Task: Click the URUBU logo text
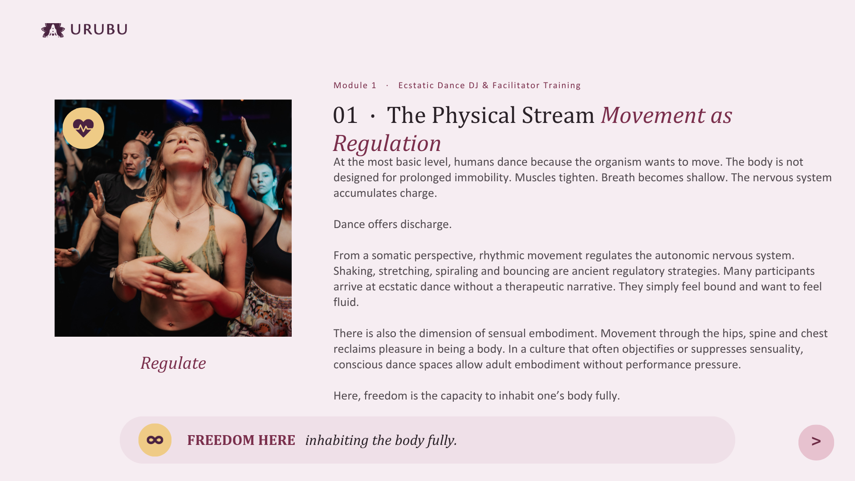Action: pyautogui.click(x=99, y=29)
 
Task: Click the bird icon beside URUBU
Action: pyautogui.click(x=53, y=30)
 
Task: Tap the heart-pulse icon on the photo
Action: pyautogui.click(x=83, y=128)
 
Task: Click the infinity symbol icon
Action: pyautogui.click(x=155, y=440)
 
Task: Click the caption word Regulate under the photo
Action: pyautogui.click(x=173, y=363)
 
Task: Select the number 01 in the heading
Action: pyautogui.click(x=345, y=115)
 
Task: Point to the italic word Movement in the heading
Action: pyautogui.click(x=653, y=115)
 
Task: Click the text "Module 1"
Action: pyautogui.click(x=355, y=85)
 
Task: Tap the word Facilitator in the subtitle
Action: pyautogui.click(x=516, y=85)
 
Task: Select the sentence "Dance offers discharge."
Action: pyautogui.click(x=392, y=224)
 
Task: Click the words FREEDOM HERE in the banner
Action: pyautogui.click(x=241, y=440)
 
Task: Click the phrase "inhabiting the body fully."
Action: pyautogui.click(x=381, y=440)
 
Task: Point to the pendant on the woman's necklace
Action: pyautogui.click(x=178, y=224)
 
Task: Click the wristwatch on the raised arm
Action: pyautogui.click(x=248, y=155)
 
